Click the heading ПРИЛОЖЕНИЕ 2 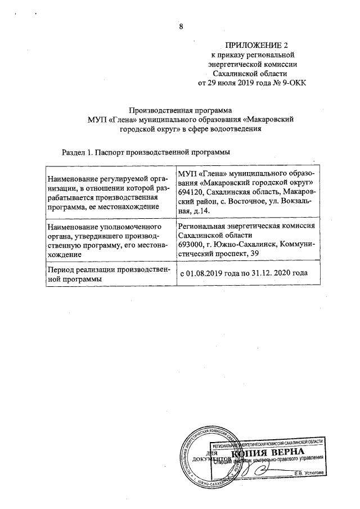[252, 44]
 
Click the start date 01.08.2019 [206, 274]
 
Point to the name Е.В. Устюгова [309, 473]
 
